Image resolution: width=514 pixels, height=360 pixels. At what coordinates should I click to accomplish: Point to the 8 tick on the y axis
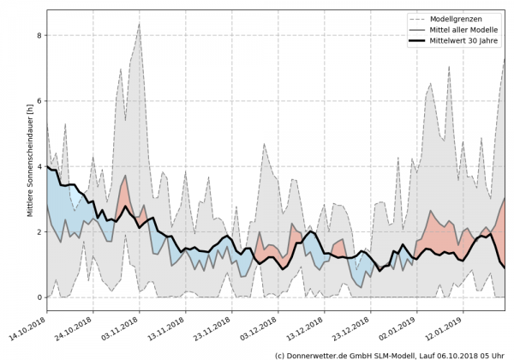39,35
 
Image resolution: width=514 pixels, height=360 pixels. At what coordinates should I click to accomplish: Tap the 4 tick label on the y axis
39,166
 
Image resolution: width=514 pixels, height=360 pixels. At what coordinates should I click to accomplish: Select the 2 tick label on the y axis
39,232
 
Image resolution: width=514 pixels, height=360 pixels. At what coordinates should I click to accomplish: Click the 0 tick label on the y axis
39,297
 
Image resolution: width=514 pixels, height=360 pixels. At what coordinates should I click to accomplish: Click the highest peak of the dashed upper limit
139,23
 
